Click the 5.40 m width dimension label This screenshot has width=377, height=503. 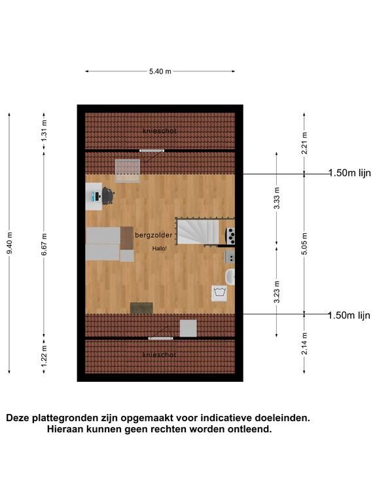(160, 71)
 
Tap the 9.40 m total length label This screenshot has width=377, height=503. (10, 243)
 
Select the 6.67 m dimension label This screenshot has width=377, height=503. (45, 244)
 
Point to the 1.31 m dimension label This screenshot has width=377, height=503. (45, 130)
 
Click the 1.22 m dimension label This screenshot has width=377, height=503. (45, 356)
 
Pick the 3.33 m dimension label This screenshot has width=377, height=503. (277, 198)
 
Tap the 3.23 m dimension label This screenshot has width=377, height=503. (277, 291)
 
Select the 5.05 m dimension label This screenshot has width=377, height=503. (304, 244)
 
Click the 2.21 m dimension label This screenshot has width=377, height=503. (304, 143)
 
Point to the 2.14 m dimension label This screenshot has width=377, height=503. (304, 344)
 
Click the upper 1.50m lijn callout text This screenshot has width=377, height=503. (350, 173)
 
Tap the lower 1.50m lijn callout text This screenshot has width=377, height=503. (349, 315)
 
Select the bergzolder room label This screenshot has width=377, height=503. (154, 235)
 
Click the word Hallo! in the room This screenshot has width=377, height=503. (159, 249)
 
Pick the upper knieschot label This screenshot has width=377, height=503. (159, 131)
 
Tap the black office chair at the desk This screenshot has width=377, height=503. (108, 196)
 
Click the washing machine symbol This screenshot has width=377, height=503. (220, 293)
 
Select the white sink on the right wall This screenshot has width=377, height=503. (230, 277)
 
